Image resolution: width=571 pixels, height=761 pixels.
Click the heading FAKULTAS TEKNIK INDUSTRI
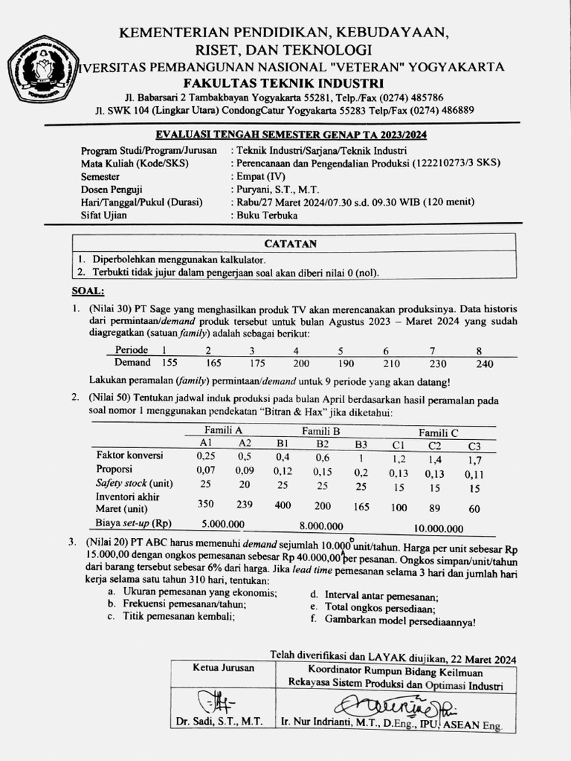click(285, 82)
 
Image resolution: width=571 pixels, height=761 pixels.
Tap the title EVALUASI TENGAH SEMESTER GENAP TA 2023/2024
click(291, 135)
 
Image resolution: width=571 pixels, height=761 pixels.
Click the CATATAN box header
click(291, 244)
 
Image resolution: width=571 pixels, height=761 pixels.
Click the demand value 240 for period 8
click(484, 363)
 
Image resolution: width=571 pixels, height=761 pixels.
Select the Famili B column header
click(320, 430)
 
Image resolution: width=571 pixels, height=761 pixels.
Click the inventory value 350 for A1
click(205, 503)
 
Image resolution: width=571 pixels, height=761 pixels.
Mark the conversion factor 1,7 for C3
click(474, 459)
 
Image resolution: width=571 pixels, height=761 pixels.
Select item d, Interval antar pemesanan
click(374, 595)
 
